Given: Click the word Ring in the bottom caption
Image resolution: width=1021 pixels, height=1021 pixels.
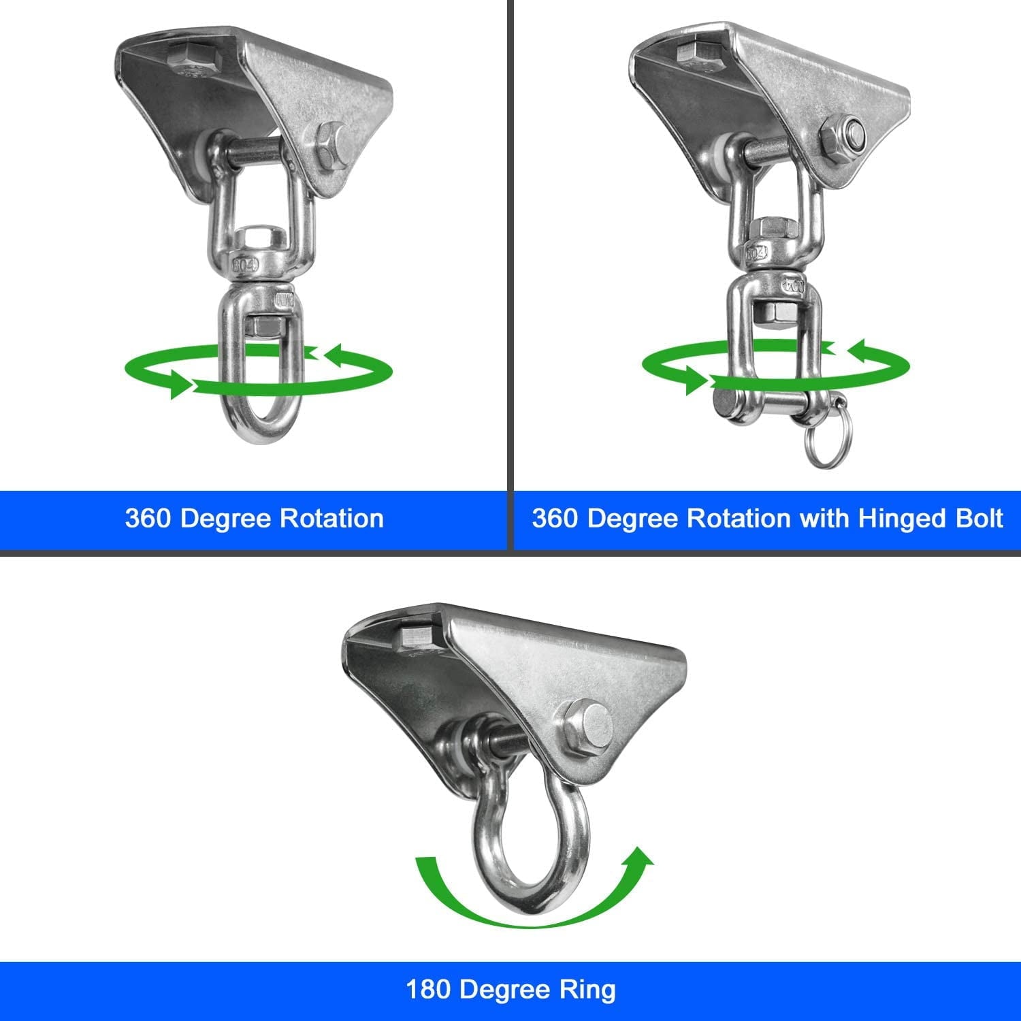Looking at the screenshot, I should [589, 990].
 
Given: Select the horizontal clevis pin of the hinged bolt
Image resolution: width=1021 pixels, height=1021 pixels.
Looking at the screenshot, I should [756, 405].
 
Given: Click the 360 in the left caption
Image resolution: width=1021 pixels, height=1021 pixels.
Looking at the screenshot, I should [148, 519].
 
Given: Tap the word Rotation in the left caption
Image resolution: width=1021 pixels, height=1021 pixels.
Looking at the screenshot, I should [331, 519].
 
